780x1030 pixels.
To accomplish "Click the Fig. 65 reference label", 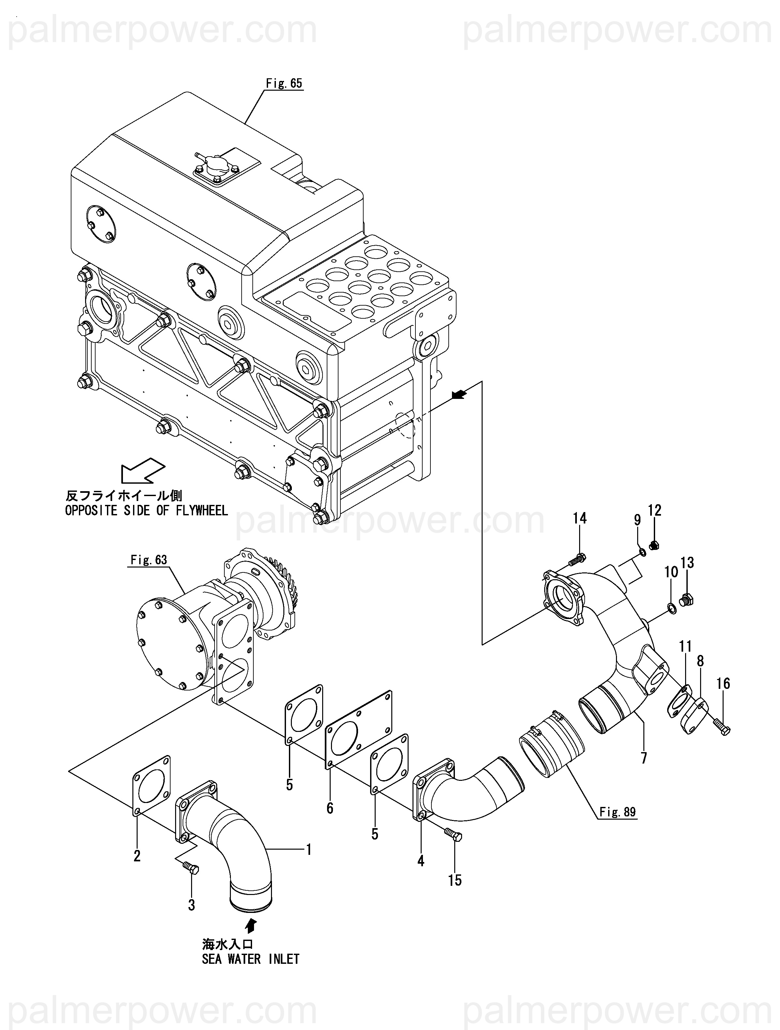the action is [x=284, y=83].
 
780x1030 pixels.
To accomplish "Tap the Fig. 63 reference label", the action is [x=149, y=560].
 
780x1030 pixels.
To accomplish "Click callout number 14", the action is [x=580, y=518].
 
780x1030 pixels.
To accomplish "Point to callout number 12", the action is [x=655, y=510].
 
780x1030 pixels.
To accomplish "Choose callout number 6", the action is [x=330, y=808].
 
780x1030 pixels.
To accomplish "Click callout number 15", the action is [x=455, y=880].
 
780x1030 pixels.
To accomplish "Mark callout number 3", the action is [x=191, y=905].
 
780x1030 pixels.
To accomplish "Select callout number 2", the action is [x=137, y=856].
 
